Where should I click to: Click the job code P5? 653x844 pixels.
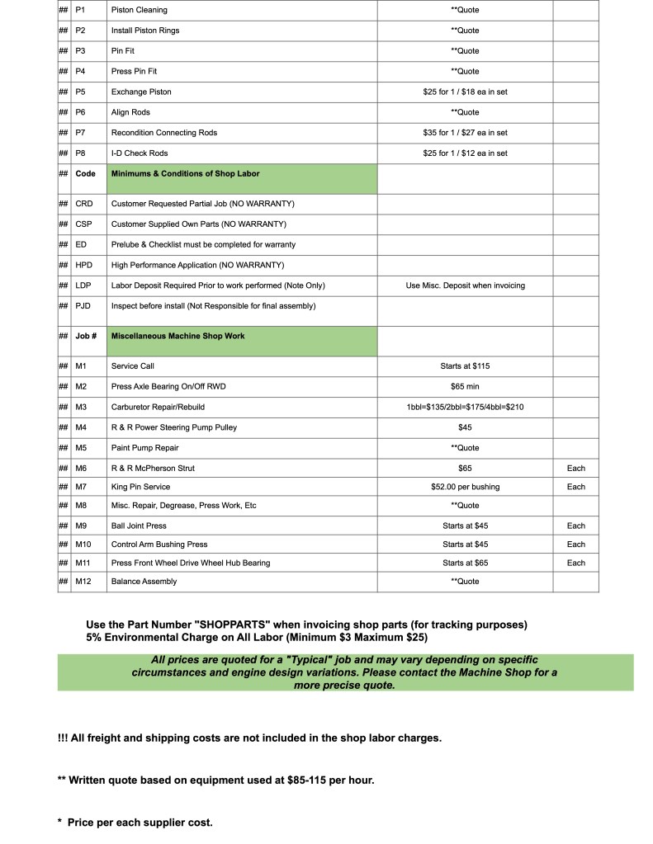click(80, 92)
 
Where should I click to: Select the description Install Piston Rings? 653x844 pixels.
click(145, 31)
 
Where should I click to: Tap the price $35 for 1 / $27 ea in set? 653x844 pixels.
click(465, 133)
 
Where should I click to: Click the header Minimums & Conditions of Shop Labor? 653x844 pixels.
click(186, 174)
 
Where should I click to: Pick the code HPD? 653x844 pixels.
click(83, 265)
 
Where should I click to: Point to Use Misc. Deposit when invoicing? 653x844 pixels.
click(465, 285)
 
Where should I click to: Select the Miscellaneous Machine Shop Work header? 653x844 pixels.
click(178, 336)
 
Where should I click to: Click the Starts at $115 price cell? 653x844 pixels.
click(465, 365)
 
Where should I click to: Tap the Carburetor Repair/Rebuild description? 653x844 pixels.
click(158, 407)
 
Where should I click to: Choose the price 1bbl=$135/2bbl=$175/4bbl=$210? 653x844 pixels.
click(465, 407)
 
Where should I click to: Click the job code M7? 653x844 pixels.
click(81, 487)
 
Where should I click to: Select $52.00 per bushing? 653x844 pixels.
click(465, 487)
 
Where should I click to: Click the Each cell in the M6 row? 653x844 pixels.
click(575, 468)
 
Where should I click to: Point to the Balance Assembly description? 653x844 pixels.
click(144, 582)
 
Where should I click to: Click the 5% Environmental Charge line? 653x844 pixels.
click(257, 638)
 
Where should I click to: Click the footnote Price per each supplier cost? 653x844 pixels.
click(140, 823)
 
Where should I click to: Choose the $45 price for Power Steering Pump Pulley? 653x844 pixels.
click(465, 427)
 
